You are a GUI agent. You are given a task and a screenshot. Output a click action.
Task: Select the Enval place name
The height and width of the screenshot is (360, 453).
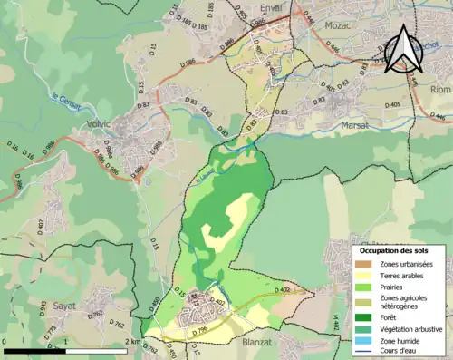tap(271, 8)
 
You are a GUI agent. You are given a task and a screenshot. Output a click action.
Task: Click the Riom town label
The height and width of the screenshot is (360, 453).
tap(439, 90)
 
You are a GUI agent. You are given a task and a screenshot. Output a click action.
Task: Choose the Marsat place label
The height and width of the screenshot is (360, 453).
tap(356, 126)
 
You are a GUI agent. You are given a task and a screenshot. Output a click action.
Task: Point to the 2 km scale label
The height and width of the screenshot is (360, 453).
tap(133, 342)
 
